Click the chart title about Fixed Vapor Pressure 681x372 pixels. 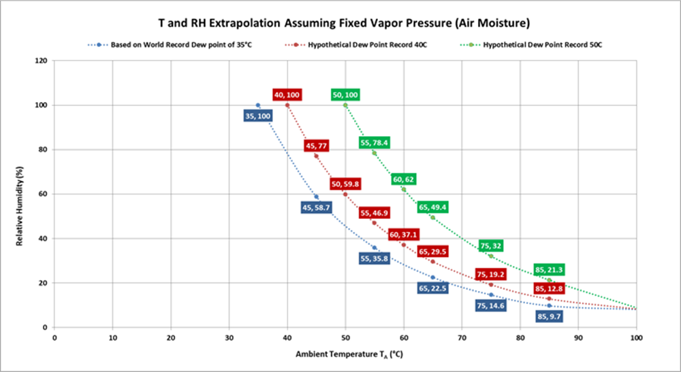click(340, 22)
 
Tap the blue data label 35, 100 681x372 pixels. click(257, 116)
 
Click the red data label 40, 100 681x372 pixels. click(287, 95)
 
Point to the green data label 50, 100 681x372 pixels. click(345, 95)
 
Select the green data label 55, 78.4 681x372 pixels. click(375, 143)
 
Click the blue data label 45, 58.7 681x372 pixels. click(316, 207)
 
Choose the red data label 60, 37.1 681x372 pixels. click(404, 235)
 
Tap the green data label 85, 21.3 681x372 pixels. click(550, 269)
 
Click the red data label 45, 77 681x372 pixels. click(317, 146)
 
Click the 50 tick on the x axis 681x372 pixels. click(345, 337)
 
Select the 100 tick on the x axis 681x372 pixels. click(637, 337)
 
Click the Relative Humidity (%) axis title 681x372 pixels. click(20, 195)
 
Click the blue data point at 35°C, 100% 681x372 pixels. click(257, 105)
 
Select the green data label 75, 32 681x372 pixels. click(492, 246)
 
